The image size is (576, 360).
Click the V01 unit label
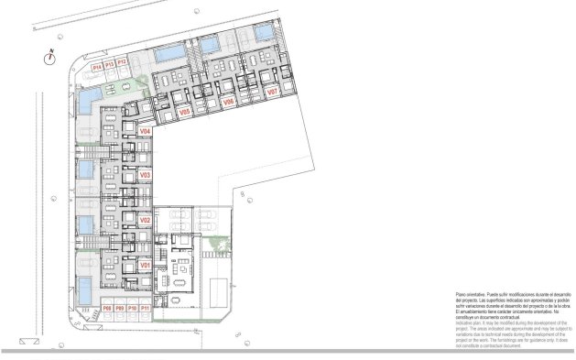pyautogui.click(x=144, y=264)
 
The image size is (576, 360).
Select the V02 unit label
pyautogui.click(x=144, y=220)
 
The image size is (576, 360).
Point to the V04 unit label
pyautogui.click(x=144, y=132)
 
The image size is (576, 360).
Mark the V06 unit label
pyautogui.click(x=229, y=103)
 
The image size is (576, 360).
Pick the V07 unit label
pyautogui.click(x=271, y=93)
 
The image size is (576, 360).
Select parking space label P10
pyautogui.click(x=132, y=309)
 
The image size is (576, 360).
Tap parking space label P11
pyautogui.click(x=145, y=309)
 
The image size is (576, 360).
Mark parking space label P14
pyautogui.click(x=97, y=66)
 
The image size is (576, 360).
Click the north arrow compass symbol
pyautogui.click(x=50, y=57)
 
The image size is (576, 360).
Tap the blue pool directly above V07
pyautogui.click(x=262, y=34)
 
